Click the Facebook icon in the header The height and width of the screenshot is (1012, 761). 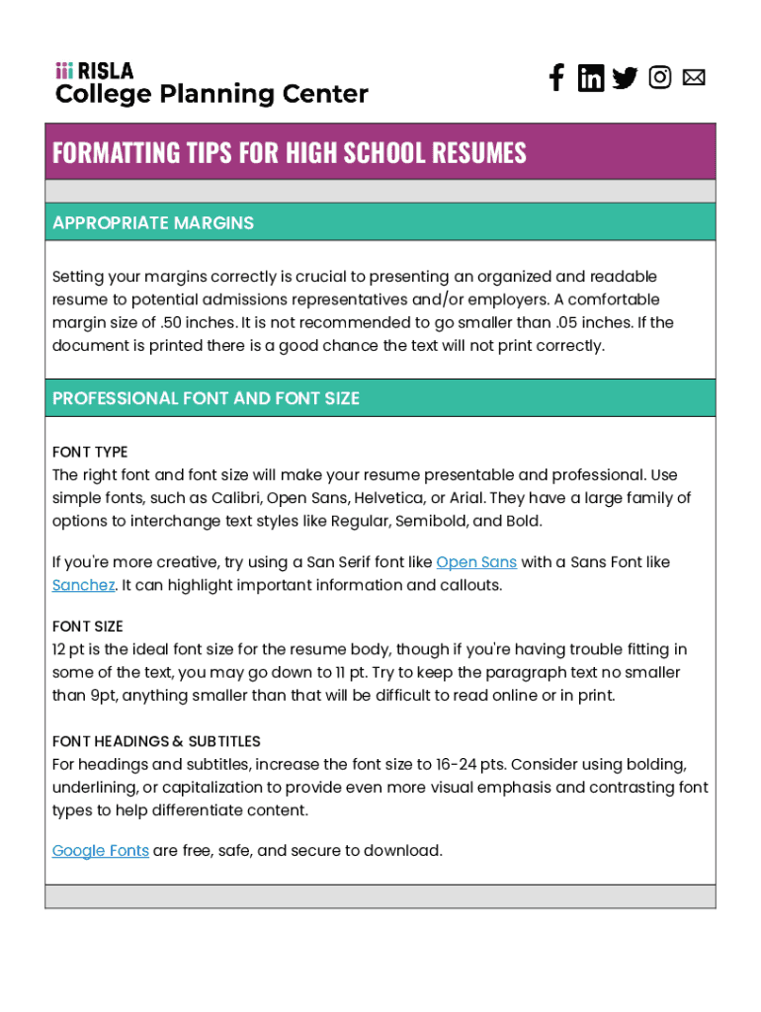pos(556,78)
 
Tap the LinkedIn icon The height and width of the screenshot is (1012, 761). pos(591,78)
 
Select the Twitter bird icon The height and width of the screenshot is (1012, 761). pos(625,78)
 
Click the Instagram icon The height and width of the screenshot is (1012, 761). pos(660,77)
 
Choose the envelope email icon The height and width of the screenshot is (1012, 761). pos(694,77)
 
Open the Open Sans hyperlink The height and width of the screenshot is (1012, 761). pos(476,562)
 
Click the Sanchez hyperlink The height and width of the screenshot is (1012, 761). pos(83,585)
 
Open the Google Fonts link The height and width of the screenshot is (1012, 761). pos(100,851)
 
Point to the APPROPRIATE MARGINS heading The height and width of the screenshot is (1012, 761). pos(153,223)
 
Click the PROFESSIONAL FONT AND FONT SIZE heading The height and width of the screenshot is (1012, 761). pos(206,398)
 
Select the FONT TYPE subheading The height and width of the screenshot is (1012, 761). pos(90,453)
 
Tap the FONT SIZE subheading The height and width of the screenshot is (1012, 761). pos(87,627)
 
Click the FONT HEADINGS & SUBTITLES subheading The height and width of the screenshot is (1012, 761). pos(156,741)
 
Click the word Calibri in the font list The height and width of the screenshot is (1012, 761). pos(237,498)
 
